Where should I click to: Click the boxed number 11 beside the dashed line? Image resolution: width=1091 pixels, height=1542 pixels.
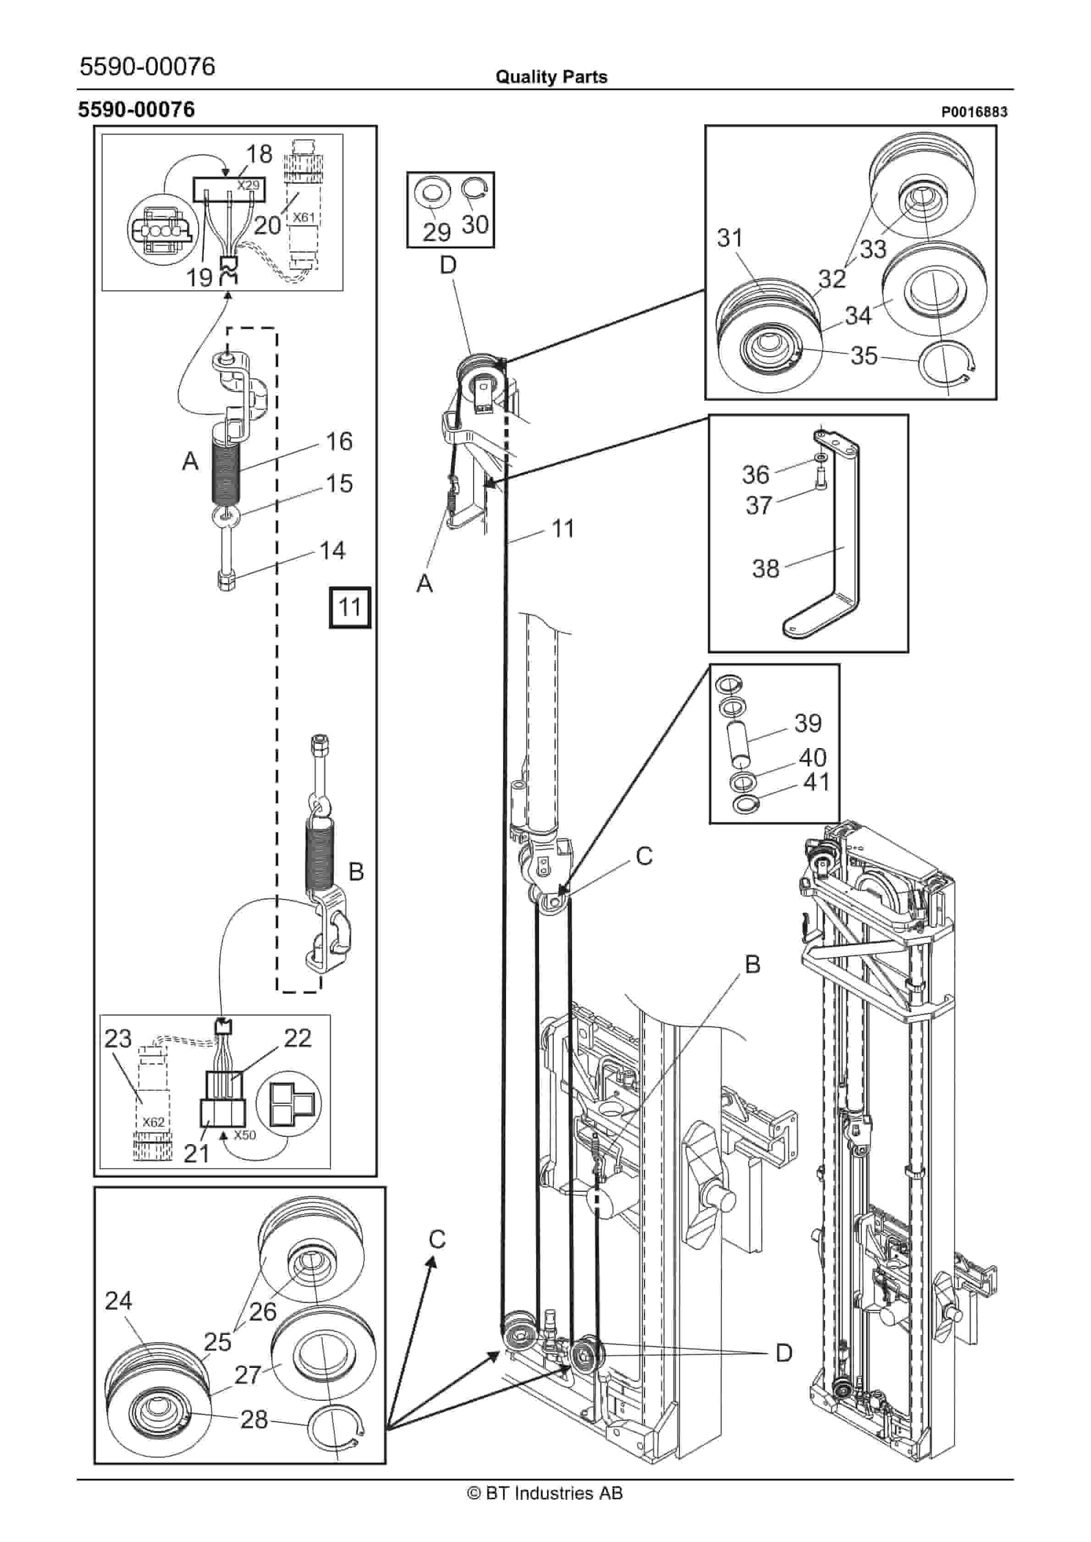coord(349,607)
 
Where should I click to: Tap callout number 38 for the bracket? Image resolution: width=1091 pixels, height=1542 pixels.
coord(765,569)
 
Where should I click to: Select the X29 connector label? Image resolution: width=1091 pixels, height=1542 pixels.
coord(248,185)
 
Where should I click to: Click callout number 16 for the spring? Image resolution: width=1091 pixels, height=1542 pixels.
coord(339,441)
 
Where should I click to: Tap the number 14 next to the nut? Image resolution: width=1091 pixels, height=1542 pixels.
coord(332,551)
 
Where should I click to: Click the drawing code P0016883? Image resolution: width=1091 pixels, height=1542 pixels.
coord(974,112)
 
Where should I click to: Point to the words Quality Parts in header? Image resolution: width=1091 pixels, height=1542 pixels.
coord(551,77)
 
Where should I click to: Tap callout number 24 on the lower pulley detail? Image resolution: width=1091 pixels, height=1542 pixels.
coord(118,1301)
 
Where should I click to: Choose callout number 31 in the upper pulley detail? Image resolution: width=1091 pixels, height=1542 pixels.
coord(730,238)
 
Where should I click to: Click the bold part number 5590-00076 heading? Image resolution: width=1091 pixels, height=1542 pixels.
coord(137,110)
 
